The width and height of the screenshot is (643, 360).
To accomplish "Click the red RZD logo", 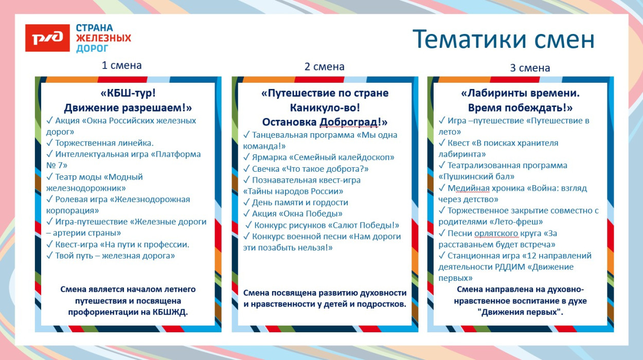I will [x=47, y=38].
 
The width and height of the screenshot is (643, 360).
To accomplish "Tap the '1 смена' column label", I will [x=121, y=65].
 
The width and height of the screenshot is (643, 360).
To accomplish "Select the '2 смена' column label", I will [x=324, y=66].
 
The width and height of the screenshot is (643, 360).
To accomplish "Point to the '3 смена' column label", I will [x=530, y=67].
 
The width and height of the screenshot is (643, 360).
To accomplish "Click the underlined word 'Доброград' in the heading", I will [x=352, y=122].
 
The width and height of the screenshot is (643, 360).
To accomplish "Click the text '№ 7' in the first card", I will [x=57, y=165].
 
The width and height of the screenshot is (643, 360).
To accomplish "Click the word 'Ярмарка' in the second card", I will [x=269, y=157].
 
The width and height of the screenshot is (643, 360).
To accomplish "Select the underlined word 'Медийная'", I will [x=467, y=188].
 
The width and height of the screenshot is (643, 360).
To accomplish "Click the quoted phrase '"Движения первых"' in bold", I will [x=520, y=312].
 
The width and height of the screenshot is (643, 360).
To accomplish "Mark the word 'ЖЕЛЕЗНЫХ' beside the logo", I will [x=103, y=38].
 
